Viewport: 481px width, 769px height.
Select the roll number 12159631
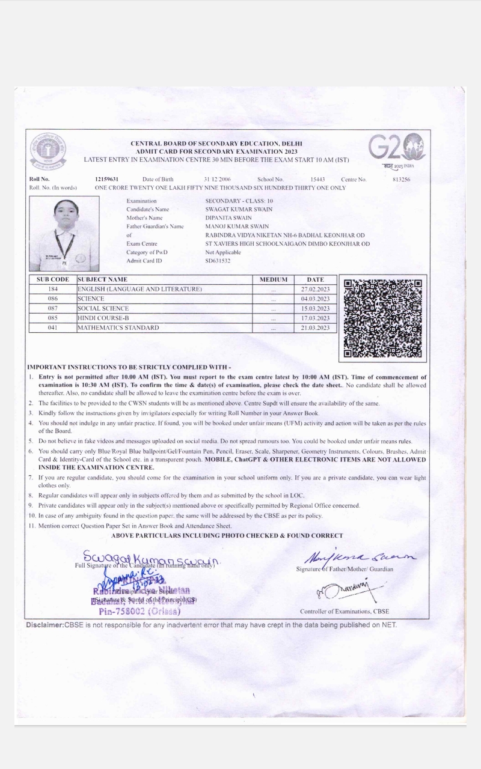(107, 180)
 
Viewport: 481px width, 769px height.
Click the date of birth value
(218, 180)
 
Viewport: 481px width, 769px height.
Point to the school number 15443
(317, 180)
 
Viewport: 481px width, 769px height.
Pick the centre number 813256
(401, 180)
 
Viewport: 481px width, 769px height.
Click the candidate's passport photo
(64, 233)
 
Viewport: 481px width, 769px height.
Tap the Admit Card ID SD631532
(218, 261)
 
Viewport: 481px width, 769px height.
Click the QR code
(383, 318)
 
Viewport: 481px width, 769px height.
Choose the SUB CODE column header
(53, 279)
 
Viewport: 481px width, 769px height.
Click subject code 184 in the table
(53, 290)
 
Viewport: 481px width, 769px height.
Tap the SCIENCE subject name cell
(91, 299)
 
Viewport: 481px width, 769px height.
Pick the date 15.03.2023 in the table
(315, 308)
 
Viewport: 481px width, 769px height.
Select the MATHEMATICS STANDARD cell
(118, 327)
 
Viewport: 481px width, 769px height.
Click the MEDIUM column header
(274, 279)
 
